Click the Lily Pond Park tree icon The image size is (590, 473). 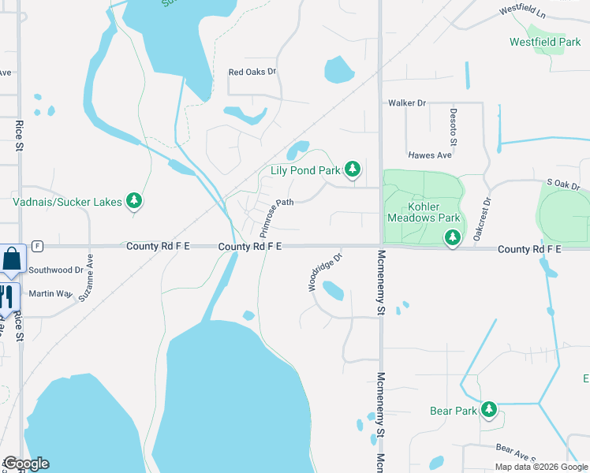pyautogui.click(x=353, y=169)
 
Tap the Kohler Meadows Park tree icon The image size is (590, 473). pyautogui.click(x=452, y=236)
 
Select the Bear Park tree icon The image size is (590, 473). pyautogui.click(x=489, y=409)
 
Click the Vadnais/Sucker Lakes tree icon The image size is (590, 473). pyautogui.click(x=135, y=201)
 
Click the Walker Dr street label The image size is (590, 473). pyautogui.click(x=406, y=103)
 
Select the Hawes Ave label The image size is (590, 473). pyautogui.click(x=429, y=155)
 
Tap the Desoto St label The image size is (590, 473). pyautogui.click(x=454, y=127)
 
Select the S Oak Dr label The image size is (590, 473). pyautogui.click(x=563, y=184)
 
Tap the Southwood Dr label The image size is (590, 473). pyautogui.click(x=56, y=270)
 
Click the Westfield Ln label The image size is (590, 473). pyautogui.click(x=523, y=13)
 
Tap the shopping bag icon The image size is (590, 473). pyautogui.click(x=13, y=259)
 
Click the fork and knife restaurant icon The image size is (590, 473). pyautogui.click(x=6, y=296)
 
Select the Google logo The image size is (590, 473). pyautogui.click(x=25, y=464)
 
